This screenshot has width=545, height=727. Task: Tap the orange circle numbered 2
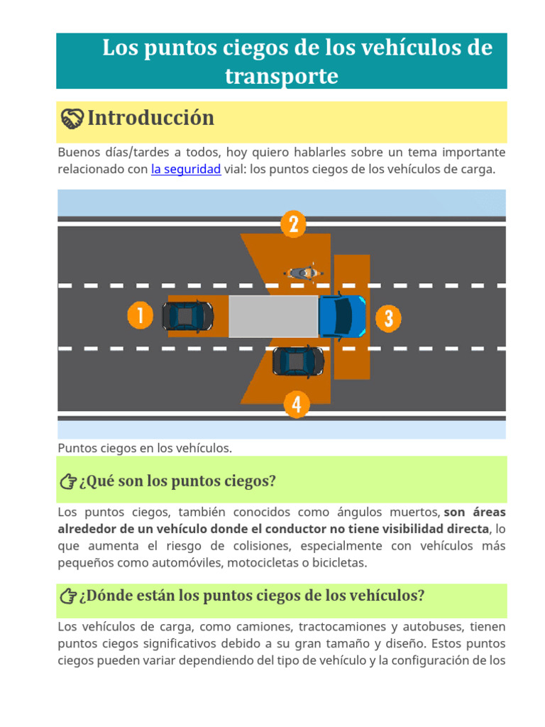pyautogui.click(x=293, y=224)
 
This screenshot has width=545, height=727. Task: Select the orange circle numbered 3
pyautogui.click(x=388, y=318)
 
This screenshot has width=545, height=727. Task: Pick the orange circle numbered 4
pyautogui.click(x=297, y=405)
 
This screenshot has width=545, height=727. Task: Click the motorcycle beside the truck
pyautogui.click(x=304, y=273)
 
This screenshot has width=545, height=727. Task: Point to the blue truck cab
pyautogui.click(x=342, y=316)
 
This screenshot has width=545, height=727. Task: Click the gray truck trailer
pyautogui.click(x=273, y=317)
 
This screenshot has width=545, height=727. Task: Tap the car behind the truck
pyautogui.click(x=187, y=316)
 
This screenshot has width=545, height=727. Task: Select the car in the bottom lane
pyautogui.click(x=298, y=361)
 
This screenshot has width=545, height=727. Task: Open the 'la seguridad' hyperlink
pyautogui.click(x=186, y=170)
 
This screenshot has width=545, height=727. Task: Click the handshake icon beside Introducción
pyautogui.click(x=72, y=119)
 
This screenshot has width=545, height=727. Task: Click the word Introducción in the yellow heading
pyautogui.click(x=150, y=118)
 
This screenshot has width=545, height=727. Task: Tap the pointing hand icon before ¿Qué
pyautogui.click(x=68, y=482)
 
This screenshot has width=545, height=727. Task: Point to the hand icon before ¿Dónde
pyautogui.click(x=68, y=596)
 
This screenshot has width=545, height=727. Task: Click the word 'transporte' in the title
pyautogui.click(x=281, y=76)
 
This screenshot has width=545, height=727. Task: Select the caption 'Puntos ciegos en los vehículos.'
pyautogui.click(x=145, y=448)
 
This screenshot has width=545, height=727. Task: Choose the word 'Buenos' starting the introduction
pyautogui.click(x=78, y=153)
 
